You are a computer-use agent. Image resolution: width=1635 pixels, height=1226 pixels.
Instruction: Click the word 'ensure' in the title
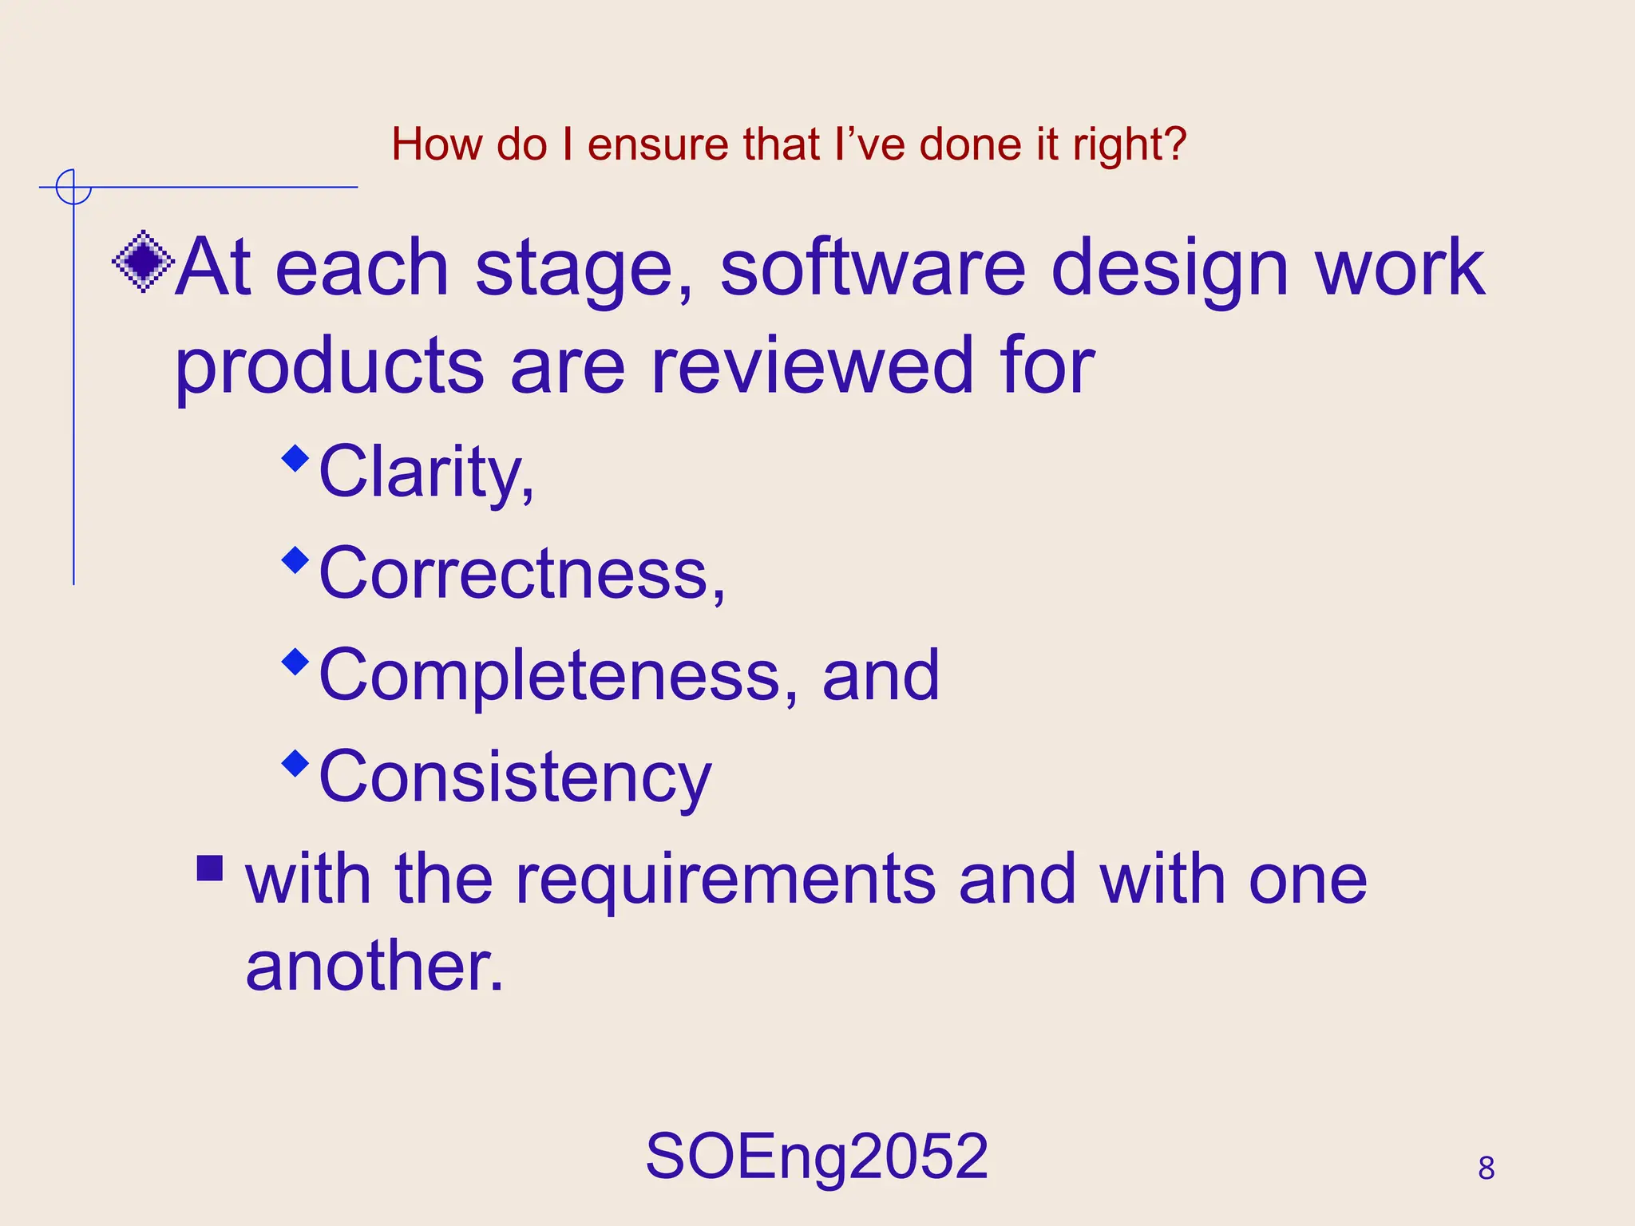(x=658, y=145)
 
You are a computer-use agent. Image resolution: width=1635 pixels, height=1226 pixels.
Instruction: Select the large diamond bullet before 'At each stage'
(x=143, y=261)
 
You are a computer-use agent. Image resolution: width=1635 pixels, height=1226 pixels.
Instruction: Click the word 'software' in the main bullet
(x=873, y=268)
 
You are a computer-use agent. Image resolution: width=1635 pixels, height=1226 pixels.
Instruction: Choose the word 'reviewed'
(x=812, y=367)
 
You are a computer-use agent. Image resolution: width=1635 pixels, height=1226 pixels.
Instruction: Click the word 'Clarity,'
(x=426, y=473)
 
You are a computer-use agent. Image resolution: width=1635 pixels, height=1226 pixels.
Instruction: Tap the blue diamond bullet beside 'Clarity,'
(x=295, y=458)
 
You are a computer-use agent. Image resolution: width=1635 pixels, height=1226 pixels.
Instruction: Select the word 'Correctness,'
(x=522, y=573)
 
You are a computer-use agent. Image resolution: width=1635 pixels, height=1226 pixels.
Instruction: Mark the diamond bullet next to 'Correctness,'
(x=295, y=560)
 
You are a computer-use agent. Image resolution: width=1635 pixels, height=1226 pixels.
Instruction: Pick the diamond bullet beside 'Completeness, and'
(x=295, y=662)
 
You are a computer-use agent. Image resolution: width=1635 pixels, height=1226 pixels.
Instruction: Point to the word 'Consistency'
(x=515, y=778)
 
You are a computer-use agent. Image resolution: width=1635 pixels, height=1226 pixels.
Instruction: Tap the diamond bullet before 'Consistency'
(x=295, y=763)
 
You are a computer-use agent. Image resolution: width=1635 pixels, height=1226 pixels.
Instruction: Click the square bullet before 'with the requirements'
(x=210, y=868)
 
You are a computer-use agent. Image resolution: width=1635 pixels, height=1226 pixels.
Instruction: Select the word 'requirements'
(x=726, y=881)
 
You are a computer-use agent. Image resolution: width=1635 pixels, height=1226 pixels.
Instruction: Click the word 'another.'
(x=374, y=967)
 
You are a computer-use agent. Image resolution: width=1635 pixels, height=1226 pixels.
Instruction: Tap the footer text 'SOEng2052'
(x=817, y=1157)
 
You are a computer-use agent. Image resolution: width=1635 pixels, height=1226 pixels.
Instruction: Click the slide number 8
(x=1486, y=1169)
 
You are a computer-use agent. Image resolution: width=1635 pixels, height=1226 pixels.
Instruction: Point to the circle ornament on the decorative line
(x=73, y=188)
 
